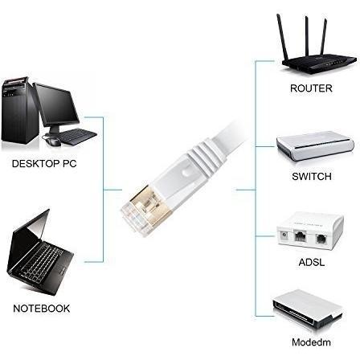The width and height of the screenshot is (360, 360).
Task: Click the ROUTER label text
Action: [x=311, y=88]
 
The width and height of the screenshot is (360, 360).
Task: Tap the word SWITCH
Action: [x=312, y=176]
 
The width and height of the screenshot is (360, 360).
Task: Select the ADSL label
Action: [x=312, y=262]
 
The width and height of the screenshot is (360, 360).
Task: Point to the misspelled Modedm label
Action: [x=311, y=342]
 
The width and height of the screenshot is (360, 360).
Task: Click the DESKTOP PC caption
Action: [x=44, y=163]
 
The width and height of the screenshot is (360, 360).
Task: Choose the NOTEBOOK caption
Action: [x=42, y=309]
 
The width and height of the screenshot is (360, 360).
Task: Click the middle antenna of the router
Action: [x=307, y=37]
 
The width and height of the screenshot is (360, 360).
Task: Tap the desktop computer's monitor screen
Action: [x=56, y=105]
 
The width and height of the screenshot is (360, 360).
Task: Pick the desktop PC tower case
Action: [x=18, y=110]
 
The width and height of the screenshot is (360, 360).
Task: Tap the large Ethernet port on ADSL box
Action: [x=301, y=236]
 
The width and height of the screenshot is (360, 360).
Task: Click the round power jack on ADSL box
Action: [x=284, y=235]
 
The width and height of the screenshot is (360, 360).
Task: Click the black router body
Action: [x=319, y=63]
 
